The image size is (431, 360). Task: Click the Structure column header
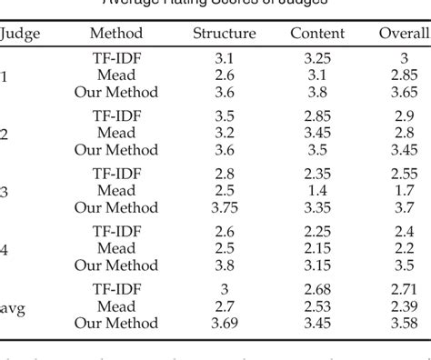224,34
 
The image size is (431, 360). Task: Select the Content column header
317,34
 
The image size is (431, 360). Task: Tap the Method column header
116,34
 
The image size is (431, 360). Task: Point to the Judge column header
20,34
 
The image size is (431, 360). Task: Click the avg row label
13,308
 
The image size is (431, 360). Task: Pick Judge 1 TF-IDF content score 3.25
317,59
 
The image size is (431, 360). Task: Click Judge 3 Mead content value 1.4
317,191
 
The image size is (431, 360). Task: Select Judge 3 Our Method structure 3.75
224,207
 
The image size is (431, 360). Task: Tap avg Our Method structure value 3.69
224,324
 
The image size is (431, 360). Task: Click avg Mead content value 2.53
317,307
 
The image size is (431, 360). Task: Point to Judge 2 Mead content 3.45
317,133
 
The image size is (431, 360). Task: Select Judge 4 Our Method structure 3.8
224,265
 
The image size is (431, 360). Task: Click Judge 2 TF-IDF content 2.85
317,116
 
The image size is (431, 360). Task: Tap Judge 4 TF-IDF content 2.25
317,233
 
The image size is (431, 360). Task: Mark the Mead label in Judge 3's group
116,191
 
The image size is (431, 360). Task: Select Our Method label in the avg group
116,324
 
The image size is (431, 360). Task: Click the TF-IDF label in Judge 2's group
116,116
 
